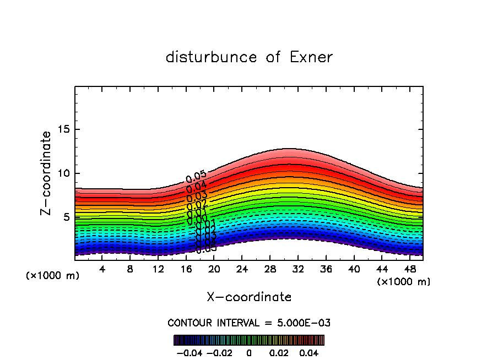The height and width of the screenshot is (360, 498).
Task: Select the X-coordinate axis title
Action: point(249,297)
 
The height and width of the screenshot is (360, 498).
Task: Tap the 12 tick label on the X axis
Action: point(158,270)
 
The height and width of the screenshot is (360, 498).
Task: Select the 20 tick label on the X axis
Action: point(214,270)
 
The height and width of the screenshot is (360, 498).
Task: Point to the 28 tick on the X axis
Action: point(270,270)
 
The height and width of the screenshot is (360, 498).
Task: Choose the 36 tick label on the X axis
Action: point(326,270)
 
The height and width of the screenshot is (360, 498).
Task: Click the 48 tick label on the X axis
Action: point(409,270)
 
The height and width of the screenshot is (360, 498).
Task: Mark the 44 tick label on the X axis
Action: point(381,270)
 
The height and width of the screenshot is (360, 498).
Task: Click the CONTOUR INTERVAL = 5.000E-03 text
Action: point(249,323)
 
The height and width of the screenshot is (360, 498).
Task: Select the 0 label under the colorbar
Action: point(249,352)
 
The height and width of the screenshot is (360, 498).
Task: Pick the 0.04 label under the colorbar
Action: point(309,352)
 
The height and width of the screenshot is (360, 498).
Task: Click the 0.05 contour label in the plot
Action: point(196,177)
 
